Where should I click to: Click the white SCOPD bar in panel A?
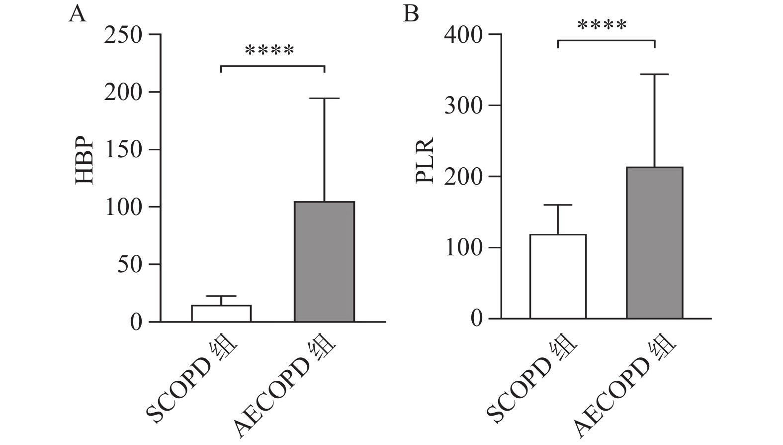(x=221, y=314)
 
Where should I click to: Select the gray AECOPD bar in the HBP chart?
(x=324, y=261)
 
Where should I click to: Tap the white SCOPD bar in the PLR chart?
(x=558, y=276)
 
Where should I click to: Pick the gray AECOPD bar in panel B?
(x=654, y=243)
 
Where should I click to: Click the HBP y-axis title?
(x=85, y=161)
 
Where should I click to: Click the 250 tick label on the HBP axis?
(x=123, y=35)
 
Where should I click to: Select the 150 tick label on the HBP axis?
(x=123, y=150)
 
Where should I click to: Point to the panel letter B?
(x=411, y=13)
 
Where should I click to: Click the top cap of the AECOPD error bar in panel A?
(x=324, y=99)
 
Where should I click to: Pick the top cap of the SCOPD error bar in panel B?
(x=558, y=205)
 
